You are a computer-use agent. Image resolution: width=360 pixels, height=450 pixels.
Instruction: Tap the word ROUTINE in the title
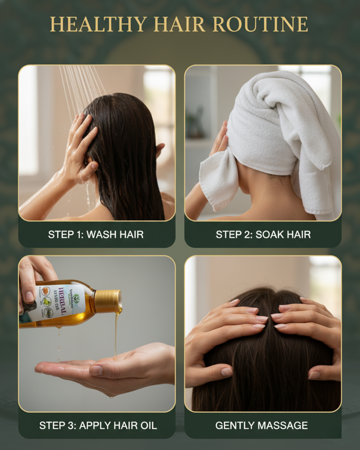coord(260,24)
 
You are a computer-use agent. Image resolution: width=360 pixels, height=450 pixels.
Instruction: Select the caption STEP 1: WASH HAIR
coord(96,235)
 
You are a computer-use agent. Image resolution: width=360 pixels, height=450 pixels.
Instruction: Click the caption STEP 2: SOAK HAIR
coord(263,235)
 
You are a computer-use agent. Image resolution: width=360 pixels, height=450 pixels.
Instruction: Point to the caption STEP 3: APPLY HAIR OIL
coord(98,425)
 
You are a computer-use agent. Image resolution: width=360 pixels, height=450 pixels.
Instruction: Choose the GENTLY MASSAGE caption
coord(261,425)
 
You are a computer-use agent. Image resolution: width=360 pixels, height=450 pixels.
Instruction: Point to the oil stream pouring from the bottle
coord(116,333)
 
